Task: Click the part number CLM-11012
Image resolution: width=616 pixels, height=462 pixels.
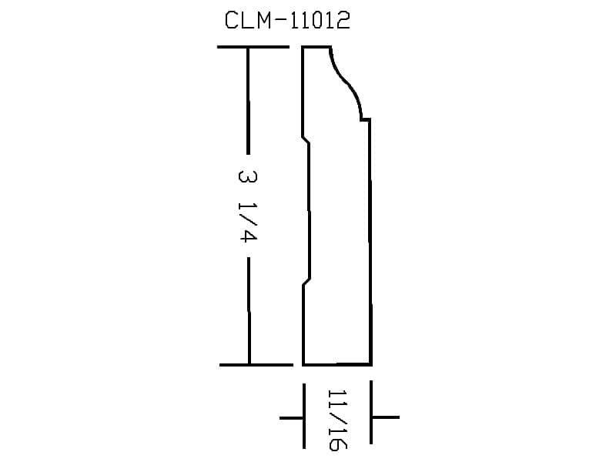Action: [287, 20]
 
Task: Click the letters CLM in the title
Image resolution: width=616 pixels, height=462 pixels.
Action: [247, 20]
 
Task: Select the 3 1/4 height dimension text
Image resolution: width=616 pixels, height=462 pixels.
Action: [248, 206]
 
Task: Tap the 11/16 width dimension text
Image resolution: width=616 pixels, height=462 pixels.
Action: [337, 420]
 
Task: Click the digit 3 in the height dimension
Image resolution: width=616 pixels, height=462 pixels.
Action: [248, 176]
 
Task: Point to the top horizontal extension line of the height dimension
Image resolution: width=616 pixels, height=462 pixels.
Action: [253, 47]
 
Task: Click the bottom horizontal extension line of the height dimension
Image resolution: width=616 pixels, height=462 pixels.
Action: [256, 365]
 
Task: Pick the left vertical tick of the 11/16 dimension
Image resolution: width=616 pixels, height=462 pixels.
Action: [304, 416]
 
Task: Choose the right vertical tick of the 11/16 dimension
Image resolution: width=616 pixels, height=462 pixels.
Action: [371, 412]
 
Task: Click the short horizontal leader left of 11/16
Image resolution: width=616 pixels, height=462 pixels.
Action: [291, 417]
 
